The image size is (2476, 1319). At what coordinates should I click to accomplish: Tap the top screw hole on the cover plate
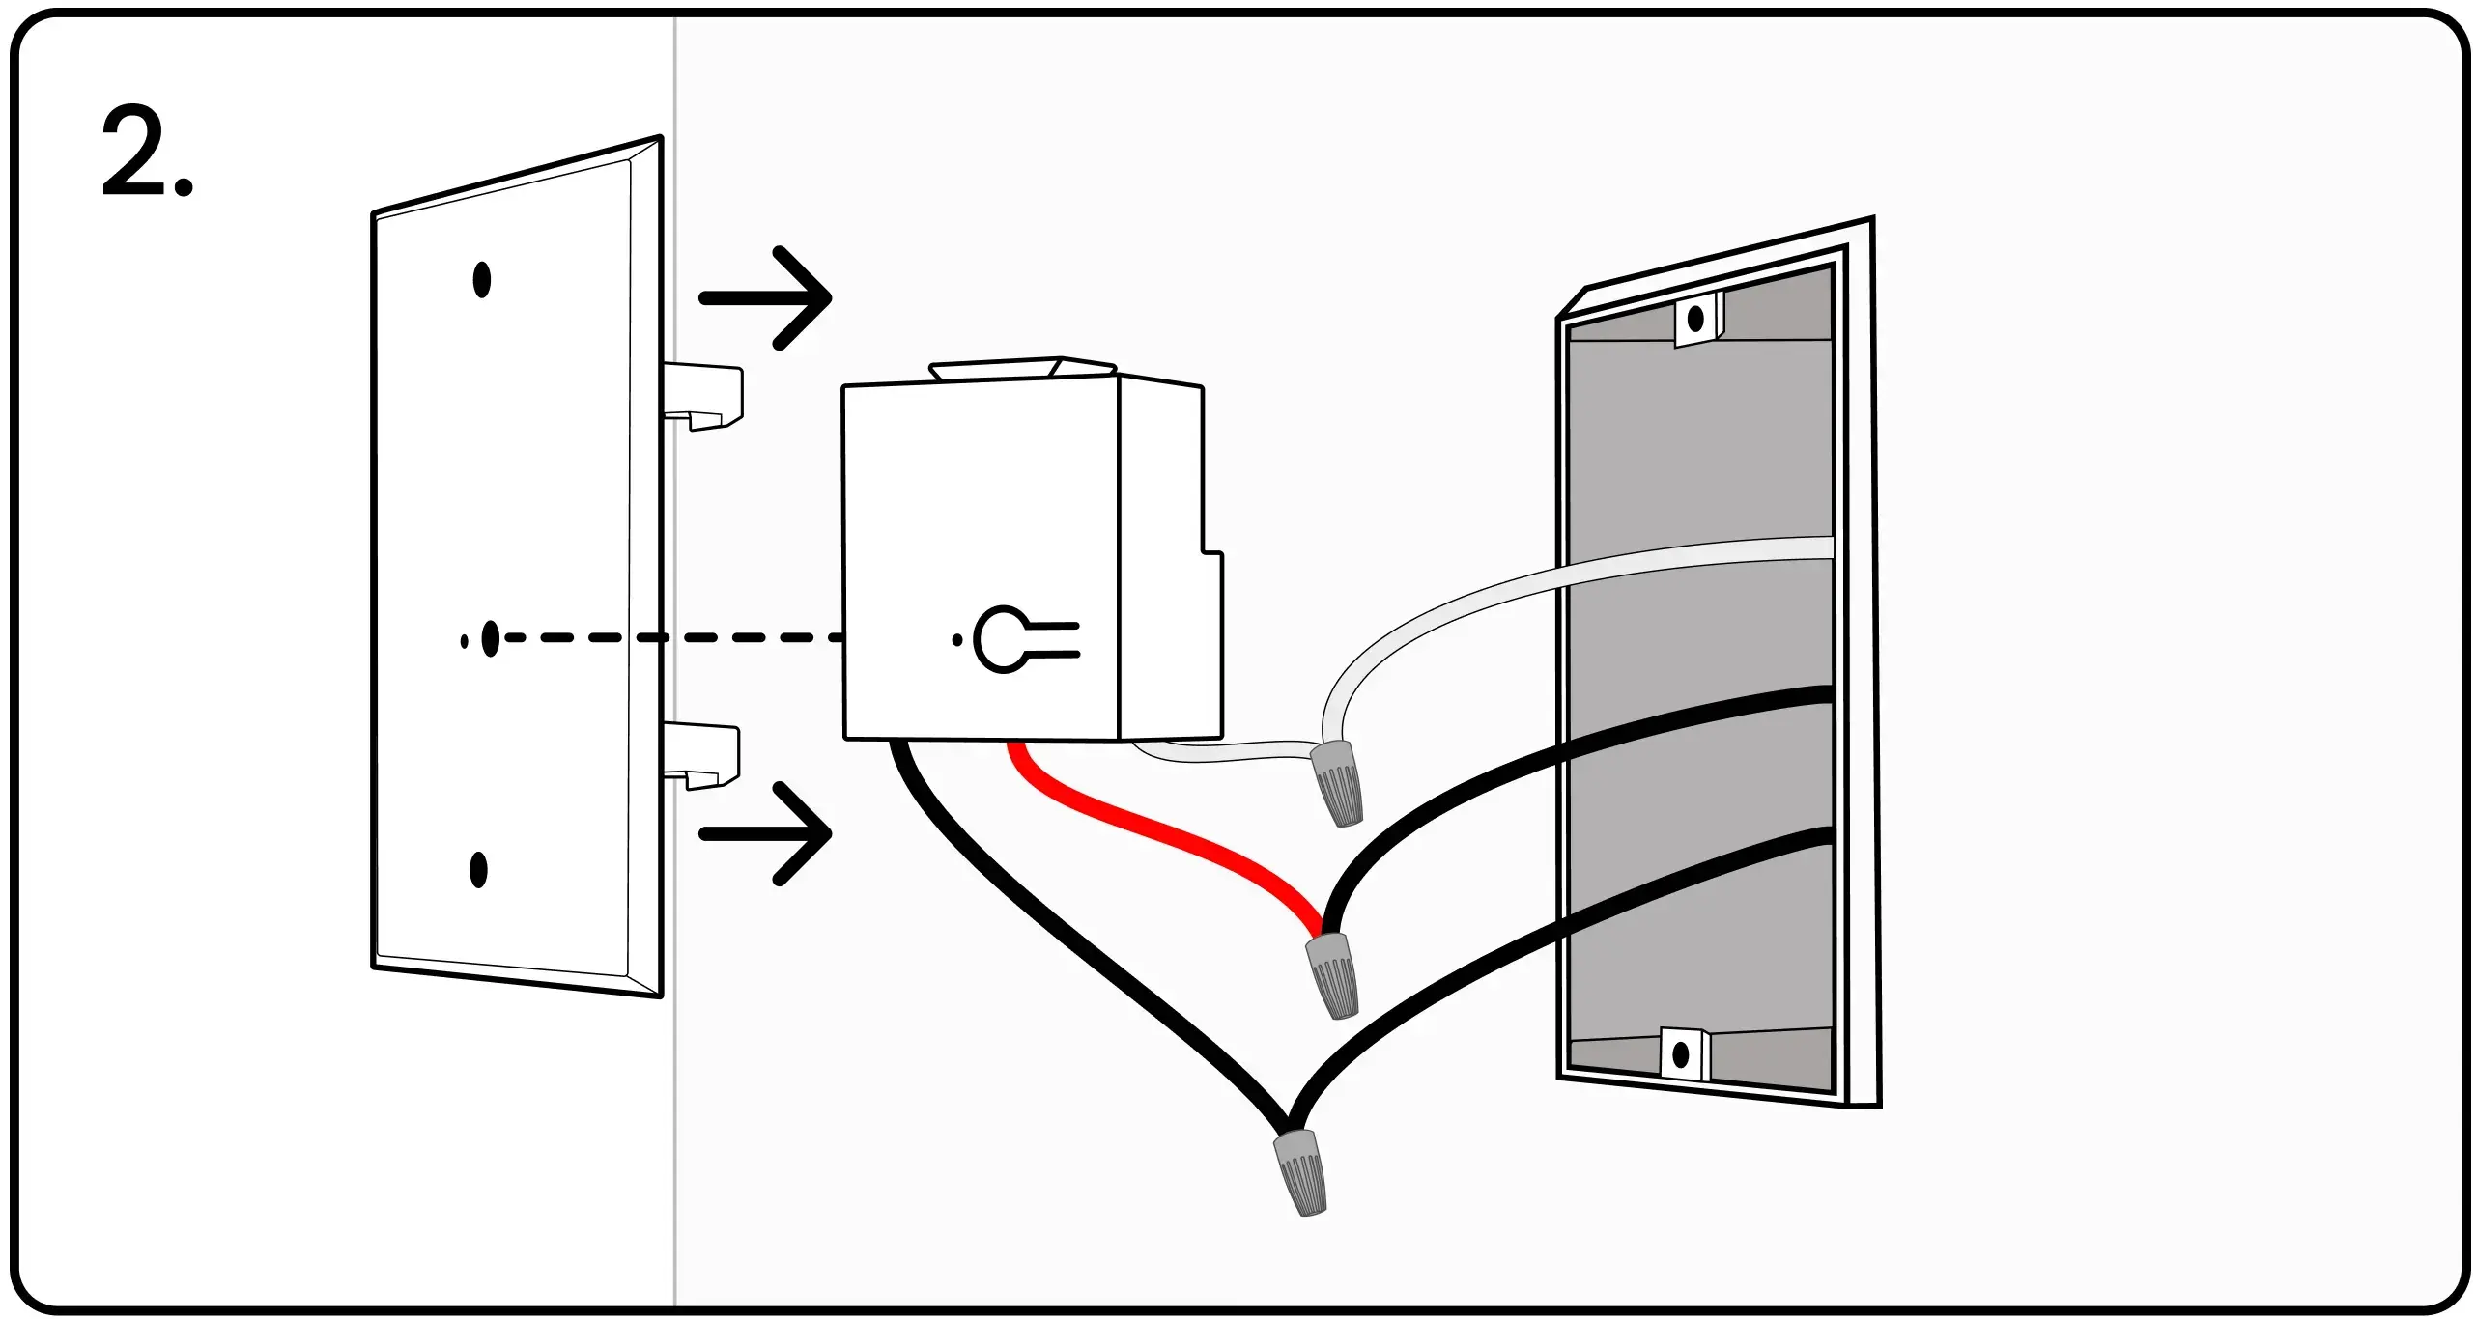(x=481, y=280)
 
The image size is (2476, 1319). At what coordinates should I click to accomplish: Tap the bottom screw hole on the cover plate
(x=478, y=870)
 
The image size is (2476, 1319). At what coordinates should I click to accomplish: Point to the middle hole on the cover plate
(x=490, y=638)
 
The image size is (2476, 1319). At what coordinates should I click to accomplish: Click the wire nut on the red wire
(x=1331, y=975)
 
